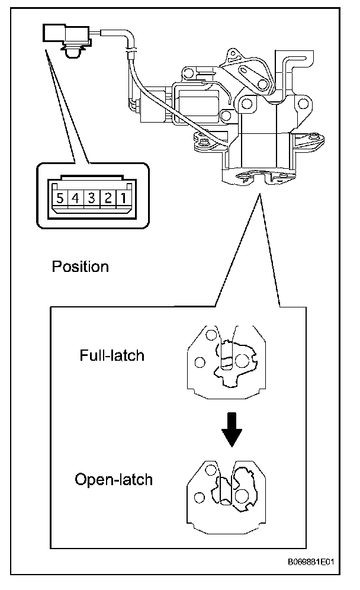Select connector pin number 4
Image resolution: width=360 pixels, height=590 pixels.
(x=76, y=198)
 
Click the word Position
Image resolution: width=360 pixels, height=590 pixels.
(x=81, y=267)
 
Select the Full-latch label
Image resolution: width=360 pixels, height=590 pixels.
(x=112, y=355)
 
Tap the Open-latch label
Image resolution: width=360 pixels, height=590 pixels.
(x=114, y=479)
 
